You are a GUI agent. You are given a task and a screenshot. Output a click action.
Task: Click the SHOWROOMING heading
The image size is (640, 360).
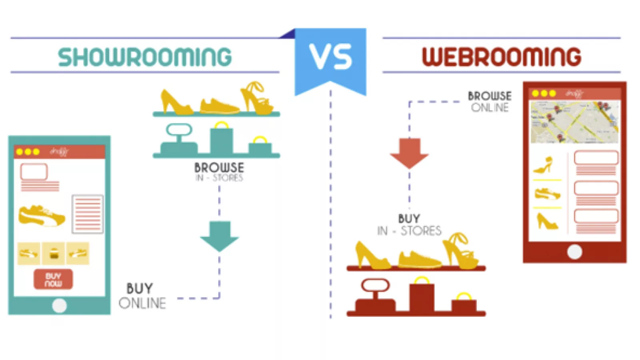[x=145, y=57]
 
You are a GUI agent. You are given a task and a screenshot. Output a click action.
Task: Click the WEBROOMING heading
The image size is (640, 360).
[x=502, y=57]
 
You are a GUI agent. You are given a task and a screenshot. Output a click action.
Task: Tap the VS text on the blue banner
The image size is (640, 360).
[x=330, y=57]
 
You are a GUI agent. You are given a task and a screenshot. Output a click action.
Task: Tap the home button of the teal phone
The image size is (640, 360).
[x=59, y=306]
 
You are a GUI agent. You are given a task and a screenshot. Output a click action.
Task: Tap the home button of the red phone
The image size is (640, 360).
[x=574, y=252]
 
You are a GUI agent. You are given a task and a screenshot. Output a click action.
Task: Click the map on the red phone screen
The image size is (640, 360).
[x=574, y=122]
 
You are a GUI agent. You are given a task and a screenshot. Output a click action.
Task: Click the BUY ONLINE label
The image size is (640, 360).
[x=142, y=296]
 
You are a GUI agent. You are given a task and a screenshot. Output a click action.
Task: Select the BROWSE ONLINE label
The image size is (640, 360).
[x=490, y=102]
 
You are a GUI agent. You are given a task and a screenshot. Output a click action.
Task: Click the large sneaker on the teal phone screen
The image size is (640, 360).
[x=42, y=216]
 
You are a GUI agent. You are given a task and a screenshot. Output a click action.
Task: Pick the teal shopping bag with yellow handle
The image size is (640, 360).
[x=222, y=138]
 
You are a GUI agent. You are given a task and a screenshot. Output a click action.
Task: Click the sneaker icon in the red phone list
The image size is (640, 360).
[x=547, y=194]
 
